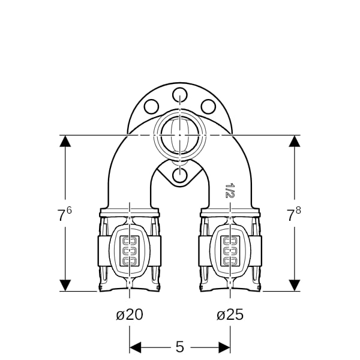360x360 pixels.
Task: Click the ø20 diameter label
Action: [130, 314]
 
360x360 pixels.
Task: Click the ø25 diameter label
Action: [230, 314]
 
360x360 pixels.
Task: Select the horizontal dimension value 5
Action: [180, 347]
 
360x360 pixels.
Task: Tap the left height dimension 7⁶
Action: [64, 214]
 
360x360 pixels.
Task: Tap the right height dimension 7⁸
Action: [294, 214]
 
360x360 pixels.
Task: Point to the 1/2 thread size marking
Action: [230, 190]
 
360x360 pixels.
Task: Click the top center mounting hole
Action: [180, 95]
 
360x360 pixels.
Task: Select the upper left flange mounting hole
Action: [151, 107]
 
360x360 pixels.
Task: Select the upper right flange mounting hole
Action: [208, 107]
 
